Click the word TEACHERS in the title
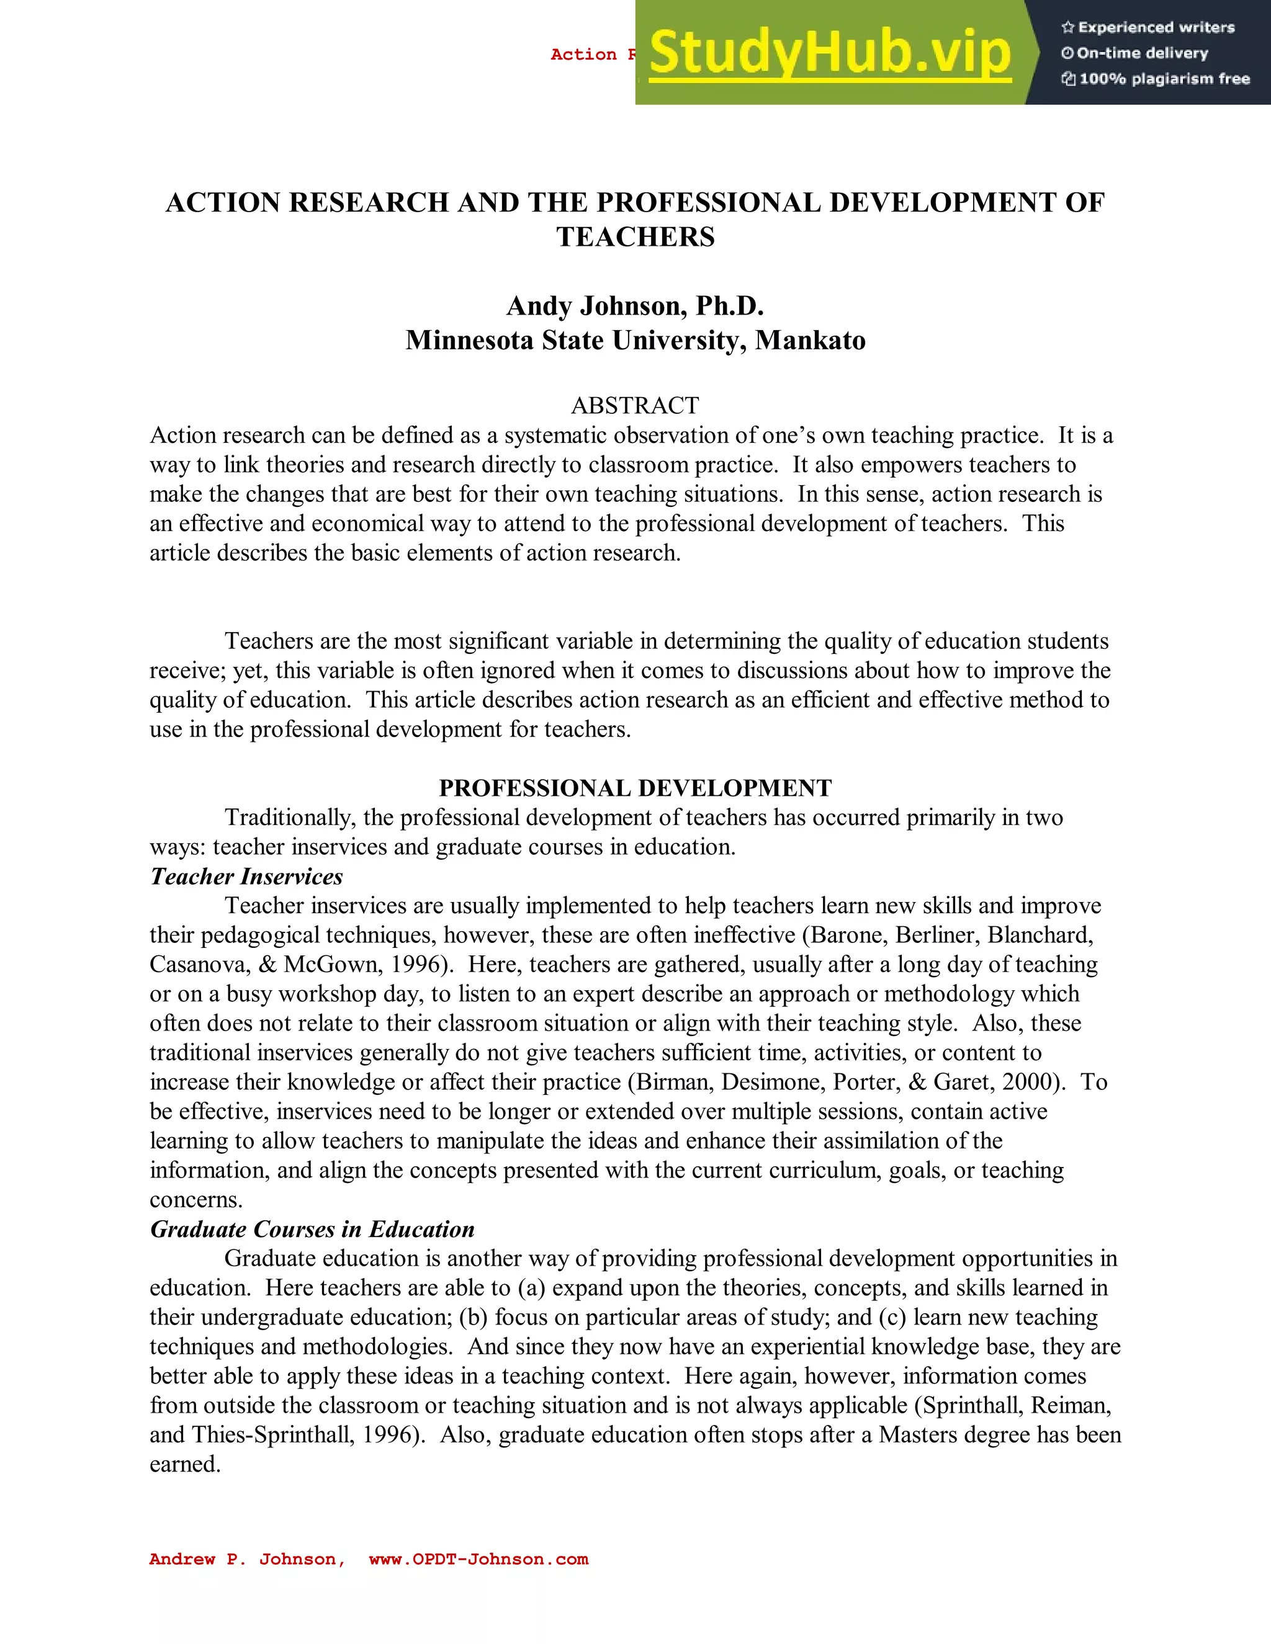pos(635,237)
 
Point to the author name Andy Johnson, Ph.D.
pos(635,306)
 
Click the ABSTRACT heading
pos(635,406)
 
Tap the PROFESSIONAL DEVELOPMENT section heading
pos(635,788)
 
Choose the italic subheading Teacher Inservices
pos(246,876)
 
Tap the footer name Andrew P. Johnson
pos(246,1559)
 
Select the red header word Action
pos(583,54)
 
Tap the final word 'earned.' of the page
pos(185,1464)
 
